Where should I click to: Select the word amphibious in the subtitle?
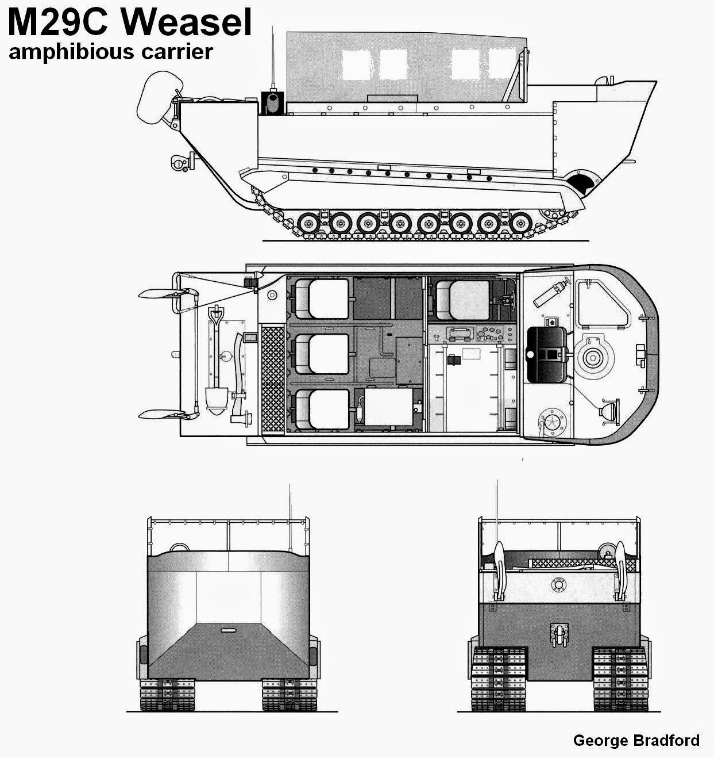coord(63,52)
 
